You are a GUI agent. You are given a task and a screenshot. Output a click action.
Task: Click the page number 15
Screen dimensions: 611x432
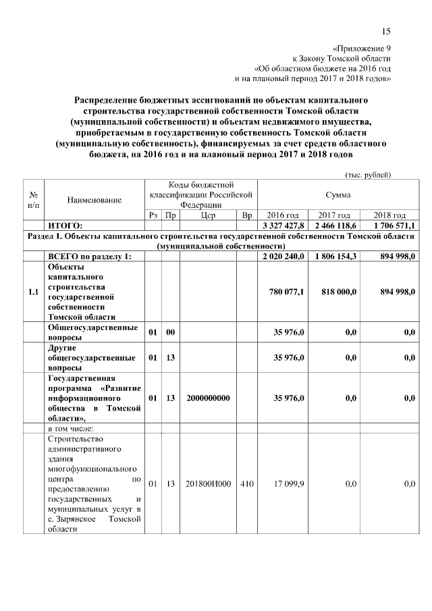point(386,31)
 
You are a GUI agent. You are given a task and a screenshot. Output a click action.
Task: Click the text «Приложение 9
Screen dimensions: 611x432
point(362,49)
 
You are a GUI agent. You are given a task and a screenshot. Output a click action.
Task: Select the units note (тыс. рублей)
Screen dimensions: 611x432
point(368,174)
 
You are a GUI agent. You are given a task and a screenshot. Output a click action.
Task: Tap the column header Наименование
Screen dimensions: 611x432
point(94,200)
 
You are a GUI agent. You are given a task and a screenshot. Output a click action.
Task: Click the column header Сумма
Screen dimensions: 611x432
point(337,194)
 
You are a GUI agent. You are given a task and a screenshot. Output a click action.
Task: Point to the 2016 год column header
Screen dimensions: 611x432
point(283,215)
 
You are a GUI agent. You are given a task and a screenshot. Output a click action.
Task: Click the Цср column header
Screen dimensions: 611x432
point(208,215)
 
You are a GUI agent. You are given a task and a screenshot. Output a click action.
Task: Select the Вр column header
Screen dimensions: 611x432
point(246,215)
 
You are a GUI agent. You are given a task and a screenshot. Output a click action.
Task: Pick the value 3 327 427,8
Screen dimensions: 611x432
point(283,225)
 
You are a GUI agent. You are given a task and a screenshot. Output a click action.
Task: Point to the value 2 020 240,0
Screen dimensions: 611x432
point(283,256)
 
